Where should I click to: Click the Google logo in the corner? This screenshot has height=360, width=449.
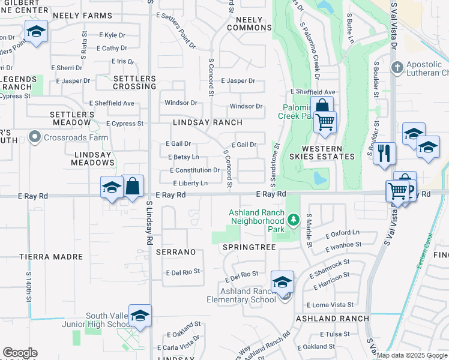click(x=20, y=353)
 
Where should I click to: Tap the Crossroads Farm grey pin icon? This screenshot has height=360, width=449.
click(x=34, y=137)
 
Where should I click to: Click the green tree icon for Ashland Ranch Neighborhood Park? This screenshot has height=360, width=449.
click(x=293, y=220)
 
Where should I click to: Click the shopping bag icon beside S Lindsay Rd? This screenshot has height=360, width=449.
click(x=133, y=186)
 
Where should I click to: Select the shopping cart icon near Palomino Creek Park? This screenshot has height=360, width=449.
click(x=325, y=122)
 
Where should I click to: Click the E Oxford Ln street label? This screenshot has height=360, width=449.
click(x=342, y=233)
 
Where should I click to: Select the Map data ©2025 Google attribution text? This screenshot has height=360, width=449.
click(x=412, y=355)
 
